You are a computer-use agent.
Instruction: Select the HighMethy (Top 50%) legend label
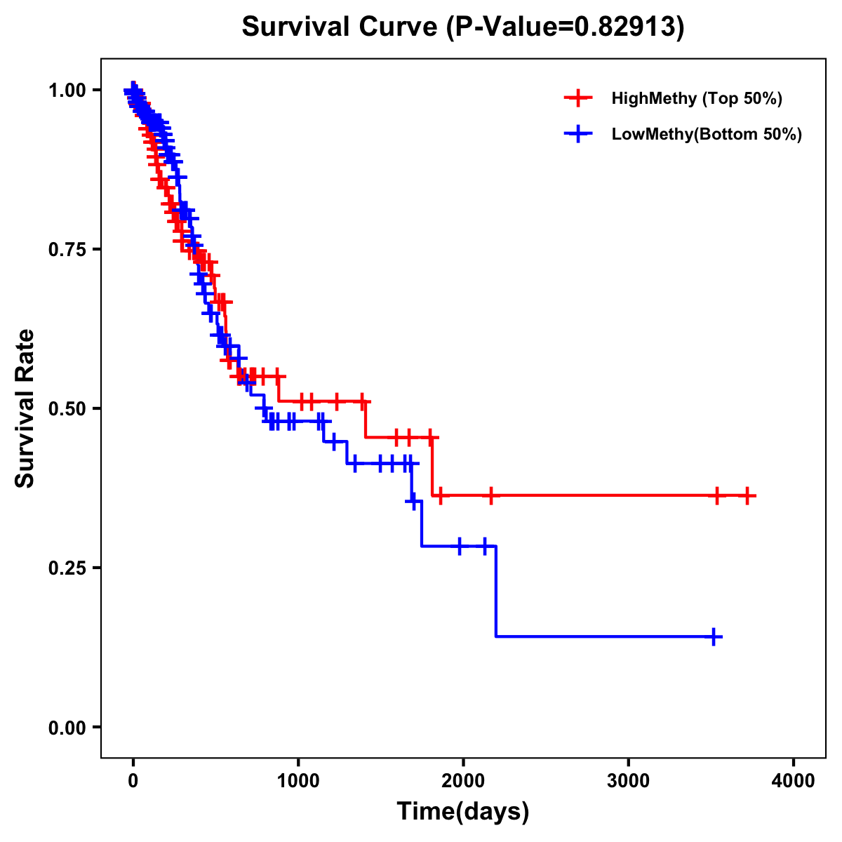pos(696,98)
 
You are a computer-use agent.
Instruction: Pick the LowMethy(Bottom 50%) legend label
pos(706,134)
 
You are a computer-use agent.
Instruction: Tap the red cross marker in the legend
pos(577,98)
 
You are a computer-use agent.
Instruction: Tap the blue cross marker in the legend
pos(577,134)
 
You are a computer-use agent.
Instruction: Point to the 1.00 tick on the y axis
pos(67,90)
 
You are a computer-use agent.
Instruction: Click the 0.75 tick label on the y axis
pos(67,249)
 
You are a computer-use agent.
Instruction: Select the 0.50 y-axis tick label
pos(67,408)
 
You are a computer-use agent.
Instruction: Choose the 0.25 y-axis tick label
pos(67,568)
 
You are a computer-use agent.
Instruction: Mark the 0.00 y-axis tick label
pos(67,727)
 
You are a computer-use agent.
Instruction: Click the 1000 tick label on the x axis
pos(298,781)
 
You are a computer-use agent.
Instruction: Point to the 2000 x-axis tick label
pos(463,781)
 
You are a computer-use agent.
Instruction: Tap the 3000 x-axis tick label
pos(629,781)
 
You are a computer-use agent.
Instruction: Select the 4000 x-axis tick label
pos(794,781)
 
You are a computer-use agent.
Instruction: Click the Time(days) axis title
pos(463,812)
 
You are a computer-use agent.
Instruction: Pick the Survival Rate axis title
pos(25,408)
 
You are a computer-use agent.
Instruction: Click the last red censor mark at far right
pos(748,496)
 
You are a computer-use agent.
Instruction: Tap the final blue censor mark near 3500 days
pos(713,636)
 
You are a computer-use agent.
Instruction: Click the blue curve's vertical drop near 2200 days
pos(496,591)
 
